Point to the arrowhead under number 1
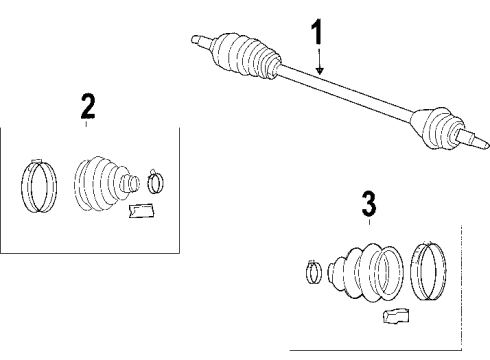tap(318, 73)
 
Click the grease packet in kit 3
tap(394, 319)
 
